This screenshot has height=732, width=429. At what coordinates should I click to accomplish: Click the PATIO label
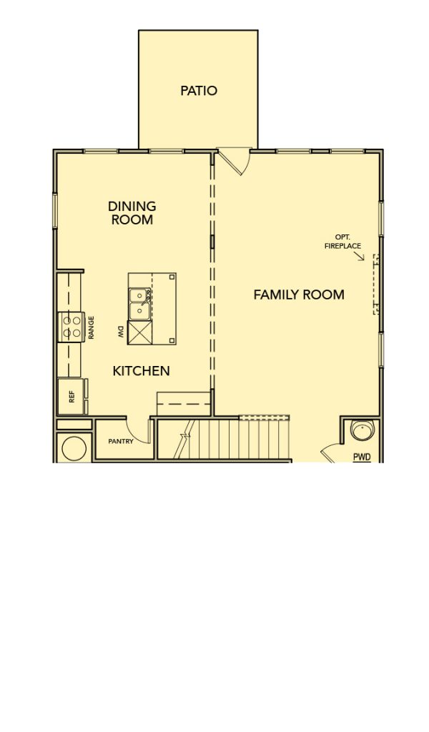[198, 91]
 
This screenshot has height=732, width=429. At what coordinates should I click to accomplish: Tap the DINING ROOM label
[132, 213]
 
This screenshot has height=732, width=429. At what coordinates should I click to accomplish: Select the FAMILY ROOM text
[299, 295]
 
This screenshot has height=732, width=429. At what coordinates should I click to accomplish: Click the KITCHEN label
[141, 371]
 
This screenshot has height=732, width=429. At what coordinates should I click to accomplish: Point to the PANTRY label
[121, 441]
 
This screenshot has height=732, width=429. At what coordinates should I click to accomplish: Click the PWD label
[361, 457]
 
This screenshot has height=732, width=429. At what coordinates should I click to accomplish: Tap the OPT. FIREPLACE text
[342, 242]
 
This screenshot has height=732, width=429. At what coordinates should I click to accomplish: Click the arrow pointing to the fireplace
[358, 256]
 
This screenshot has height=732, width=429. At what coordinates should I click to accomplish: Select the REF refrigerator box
[71, 396]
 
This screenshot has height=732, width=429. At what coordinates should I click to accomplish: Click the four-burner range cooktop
[71, 327]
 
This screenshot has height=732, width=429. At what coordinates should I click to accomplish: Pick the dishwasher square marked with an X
[139, 332]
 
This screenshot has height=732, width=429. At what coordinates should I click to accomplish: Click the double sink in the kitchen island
[139, 304]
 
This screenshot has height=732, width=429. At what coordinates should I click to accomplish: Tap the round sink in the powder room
[363, 430]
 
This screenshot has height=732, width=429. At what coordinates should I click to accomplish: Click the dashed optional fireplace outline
[375, 284]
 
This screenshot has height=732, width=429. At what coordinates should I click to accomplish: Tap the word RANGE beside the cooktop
[92, 327]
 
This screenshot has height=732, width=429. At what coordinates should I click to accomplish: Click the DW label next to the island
[120, 332]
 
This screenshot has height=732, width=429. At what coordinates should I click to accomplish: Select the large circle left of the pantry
[74, 449]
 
